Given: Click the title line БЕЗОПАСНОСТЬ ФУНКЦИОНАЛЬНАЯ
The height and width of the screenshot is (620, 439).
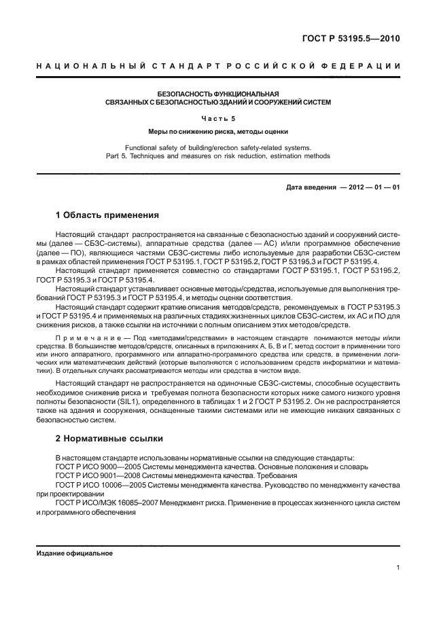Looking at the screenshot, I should click(x=218, y=94).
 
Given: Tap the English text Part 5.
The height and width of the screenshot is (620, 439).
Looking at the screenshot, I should click(x=136, y=156).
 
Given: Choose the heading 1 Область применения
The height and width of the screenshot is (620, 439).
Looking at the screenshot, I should click(x=107, y=216).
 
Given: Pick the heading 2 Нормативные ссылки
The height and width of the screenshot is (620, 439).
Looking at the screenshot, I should click(x=110, y=439).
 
